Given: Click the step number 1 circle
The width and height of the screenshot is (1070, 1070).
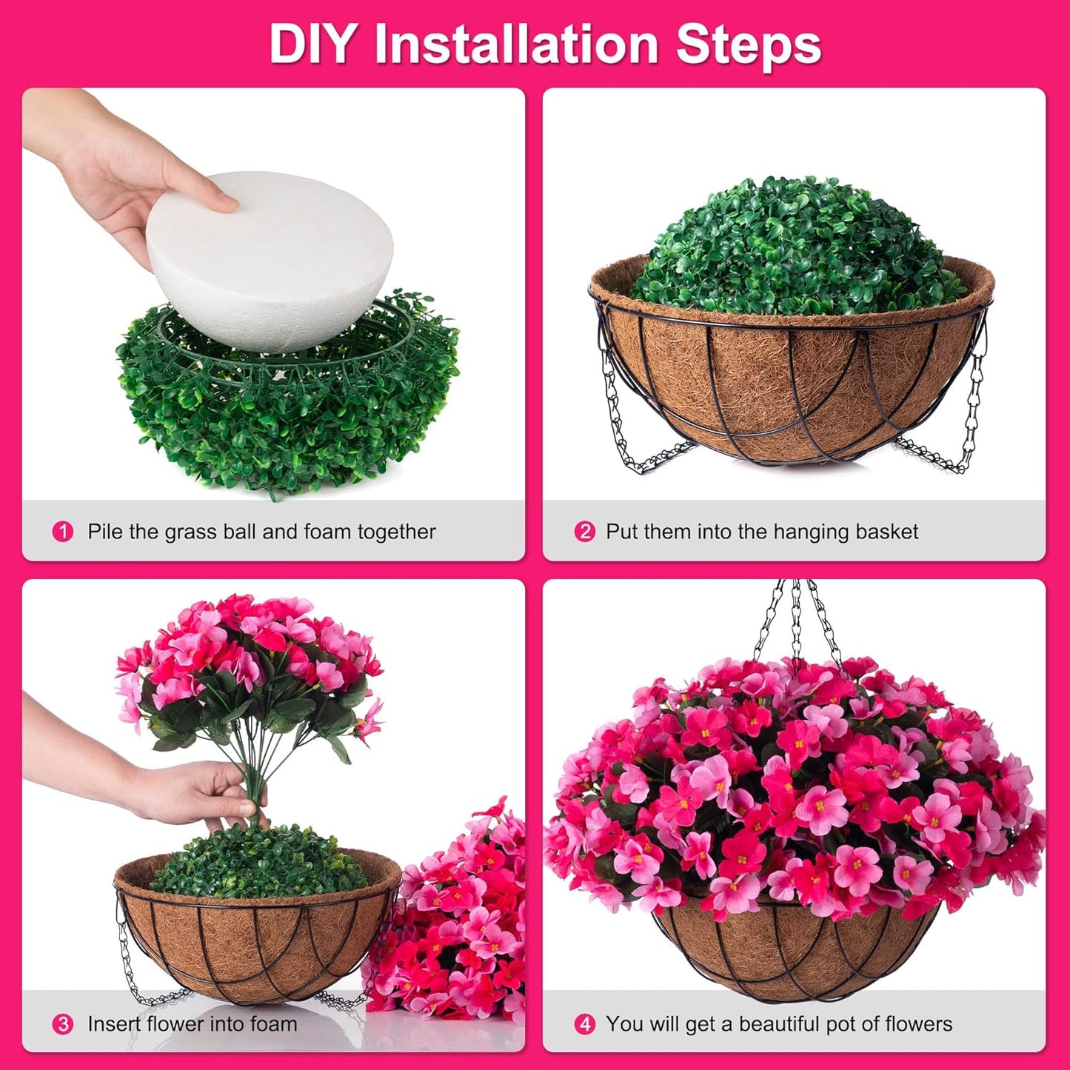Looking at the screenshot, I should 63,532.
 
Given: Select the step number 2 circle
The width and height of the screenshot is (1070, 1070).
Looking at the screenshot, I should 585,532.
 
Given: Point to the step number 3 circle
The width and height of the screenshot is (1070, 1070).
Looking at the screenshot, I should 63,1024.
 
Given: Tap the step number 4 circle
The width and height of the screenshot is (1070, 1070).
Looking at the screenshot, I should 585,1024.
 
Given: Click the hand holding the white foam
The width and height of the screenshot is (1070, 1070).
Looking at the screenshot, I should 118,170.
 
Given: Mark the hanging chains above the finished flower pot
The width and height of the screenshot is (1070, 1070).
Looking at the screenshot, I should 796,622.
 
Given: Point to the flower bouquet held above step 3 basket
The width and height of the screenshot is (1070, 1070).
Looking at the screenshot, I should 248,666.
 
